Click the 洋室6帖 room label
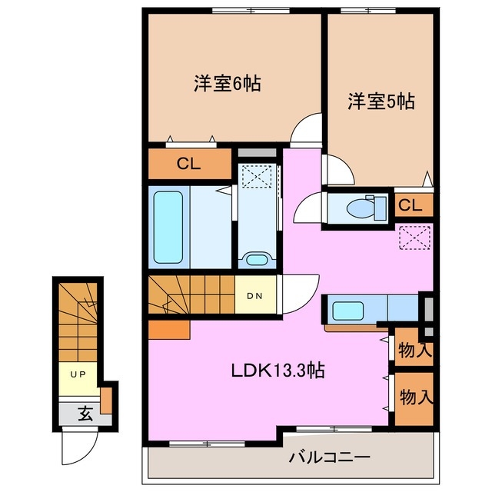point(227,84)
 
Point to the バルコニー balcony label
point(330,457)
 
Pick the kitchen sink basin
point(343,312)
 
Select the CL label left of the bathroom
point(189,164)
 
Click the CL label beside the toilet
point(410,206)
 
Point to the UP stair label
point(78,374)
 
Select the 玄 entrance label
point(84,414)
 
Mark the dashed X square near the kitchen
point(416,239)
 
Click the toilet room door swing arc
point(309,206)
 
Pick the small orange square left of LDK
point(168,330)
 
